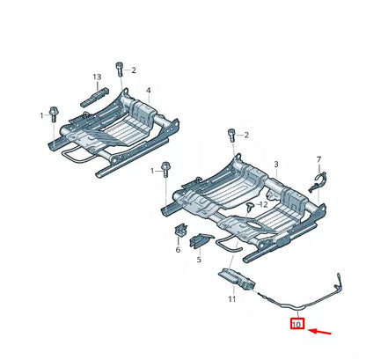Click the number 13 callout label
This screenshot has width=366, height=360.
tap(98, 78)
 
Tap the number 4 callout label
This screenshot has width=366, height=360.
tap(148, 90)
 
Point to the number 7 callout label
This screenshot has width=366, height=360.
tap(318, 160)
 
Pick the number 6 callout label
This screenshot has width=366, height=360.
tap(178, 250)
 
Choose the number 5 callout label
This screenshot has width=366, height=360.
tap(199, 260)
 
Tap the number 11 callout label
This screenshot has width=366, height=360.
tap(231, 300)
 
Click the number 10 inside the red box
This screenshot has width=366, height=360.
tap(296, 325)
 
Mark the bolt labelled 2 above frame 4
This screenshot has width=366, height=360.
tap(119, 70)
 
